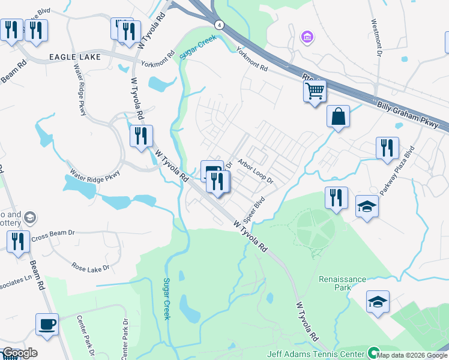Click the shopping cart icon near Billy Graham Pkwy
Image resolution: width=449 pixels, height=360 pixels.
pyautogui.click(x=315, y=92)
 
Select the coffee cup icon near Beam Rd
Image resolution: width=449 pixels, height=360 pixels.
pyautogui.click(x=47, y=325)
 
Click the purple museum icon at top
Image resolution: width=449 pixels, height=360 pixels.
pyautogui.click(x=307, y=38)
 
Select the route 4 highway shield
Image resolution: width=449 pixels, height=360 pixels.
pyautogui.click(x=220, y=25)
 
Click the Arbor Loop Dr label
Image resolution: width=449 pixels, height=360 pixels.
pyautogui.click(x=255, y=171)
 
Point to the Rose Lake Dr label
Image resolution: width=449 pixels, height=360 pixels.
pyautogui.click(x=91, y=266)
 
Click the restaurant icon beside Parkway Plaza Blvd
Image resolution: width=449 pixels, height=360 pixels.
pyautogui.click(x=387, y=148)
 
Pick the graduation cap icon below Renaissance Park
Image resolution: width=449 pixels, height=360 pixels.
pyautogui.click(x=378, y=302)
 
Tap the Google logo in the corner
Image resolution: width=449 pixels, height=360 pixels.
pyautogui.click(x=19, y=353)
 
